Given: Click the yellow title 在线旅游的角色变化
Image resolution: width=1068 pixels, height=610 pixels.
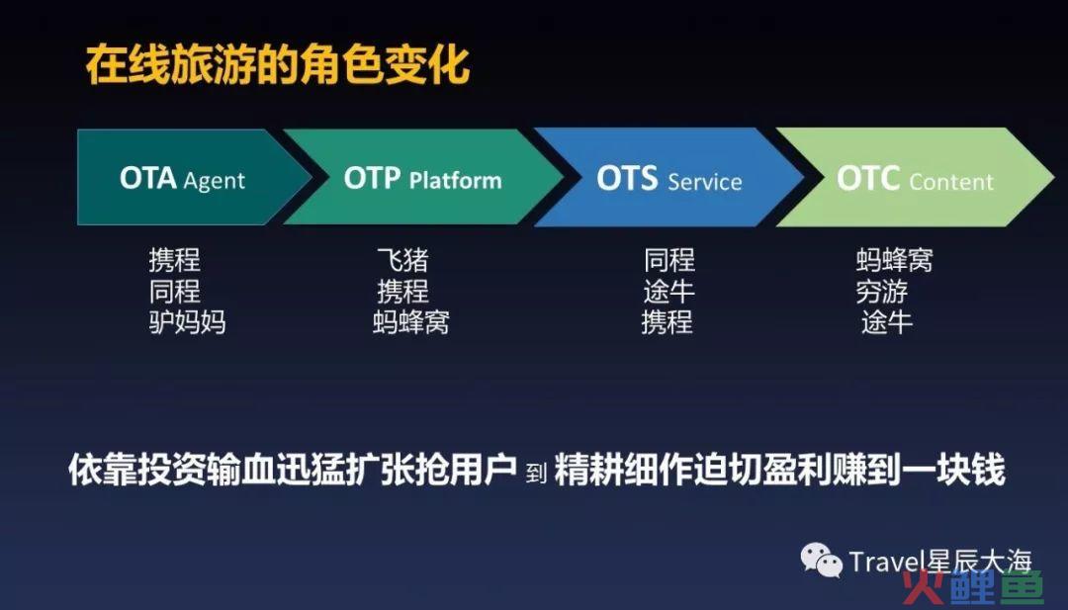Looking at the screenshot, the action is [x=278, y=64].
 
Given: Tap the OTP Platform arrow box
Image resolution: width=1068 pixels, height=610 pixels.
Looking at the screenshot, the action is [x=423, y=178].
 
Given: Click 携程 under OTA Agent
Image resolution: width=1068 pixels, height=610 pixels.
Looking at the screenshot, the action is [x=174, y=260].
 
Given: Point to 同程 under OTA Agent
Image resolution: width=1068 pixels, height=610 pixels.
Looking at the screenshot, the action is [x=174, y=292].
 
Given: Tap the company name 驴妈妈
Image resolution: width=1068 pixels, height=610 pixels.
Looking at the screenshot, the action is [x=187, y=322].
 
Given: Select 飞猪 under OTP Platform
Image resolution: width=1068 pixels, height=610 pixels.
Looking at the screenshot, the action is [x=402, y=260].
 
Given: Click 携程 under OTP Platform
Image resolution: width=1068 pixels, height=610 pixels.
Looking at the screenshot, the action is [x=402, y=292].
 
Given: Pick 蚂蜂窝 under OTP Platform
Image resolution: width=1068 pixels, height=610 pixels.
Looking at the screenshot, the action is [x=410, y=322].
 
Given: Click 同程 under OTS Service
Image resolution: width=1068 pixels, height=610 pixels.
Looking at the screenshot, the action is [x=669, y=260].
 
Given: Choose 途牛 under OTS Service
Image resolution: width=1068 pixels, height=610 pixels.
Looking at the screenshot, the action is [x=668, y=292].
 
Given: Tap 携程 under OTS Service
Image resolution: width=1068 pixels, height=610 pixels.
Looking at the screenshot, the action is [x=667, y=322].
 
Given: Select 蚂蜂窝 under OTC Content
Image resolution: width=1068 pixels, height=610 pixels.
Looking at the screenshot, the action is [x=894, y=260].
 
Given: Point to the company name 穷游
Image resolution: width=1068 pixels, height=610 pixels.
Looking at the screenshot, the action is [x=881, y=292].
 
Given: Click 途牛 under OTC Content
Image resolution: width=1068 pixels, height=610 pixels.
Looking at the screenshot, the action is [x=886, y=322].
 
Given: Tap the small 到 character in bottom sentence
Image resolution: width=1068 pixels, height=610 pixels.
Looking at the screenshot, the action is [x=536, y=473].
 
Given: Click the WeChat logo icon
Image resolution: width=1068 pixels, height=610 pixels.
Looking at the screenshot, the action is [x=822, y=561].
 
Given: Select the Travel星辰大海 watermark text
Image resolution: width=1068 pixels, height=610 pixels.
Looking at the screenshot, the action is [x=940, y=563].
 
